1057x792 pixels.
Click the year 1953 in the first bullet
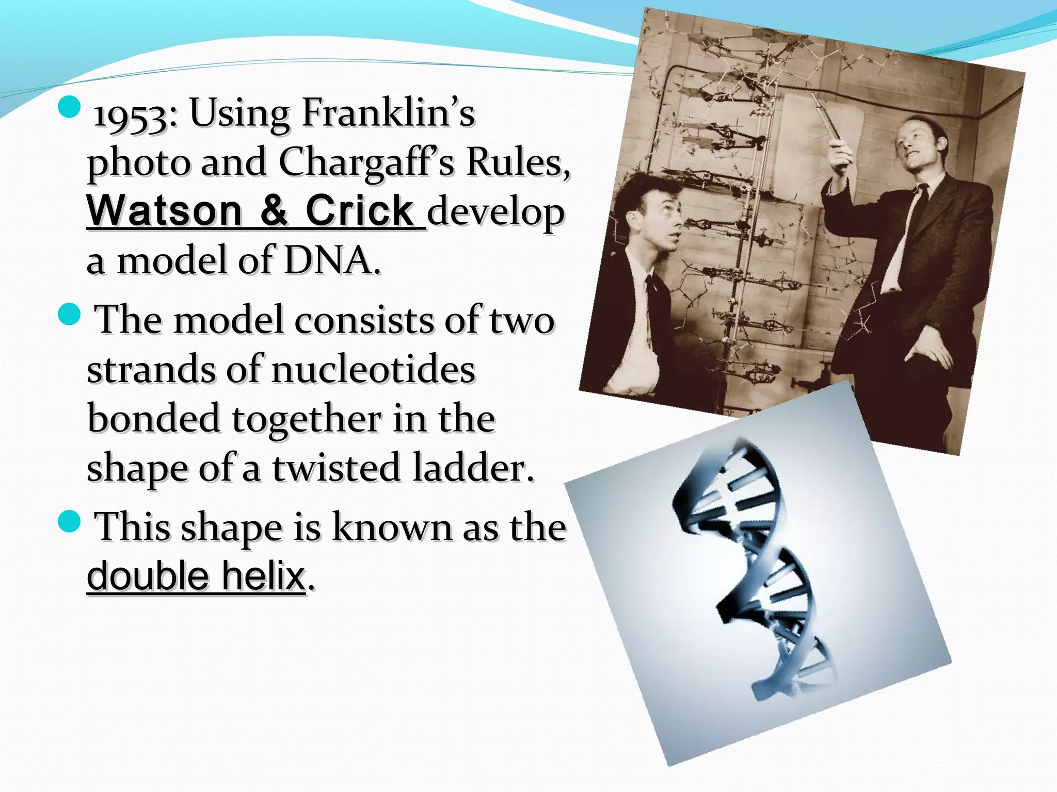pos(132,114)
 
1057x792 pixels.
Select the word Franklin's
pos(388,112)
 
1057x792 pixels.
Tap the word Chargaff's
pos(366,162)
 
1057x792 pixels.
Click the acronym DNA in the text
pos(329,260)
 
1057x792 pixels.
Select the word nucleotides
pos(373,370)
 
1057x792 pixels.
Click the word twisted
pos(337,468)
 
